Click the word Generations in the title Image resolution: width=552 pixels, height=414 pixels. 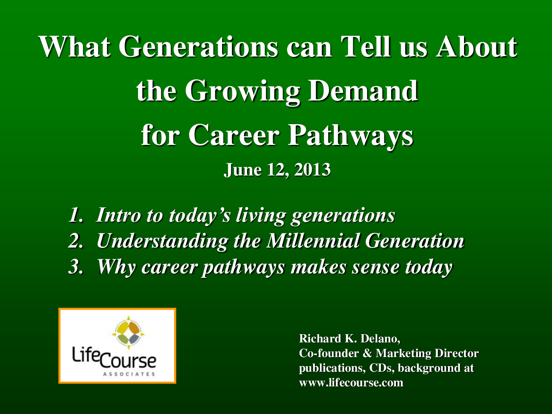[x=198, y=47]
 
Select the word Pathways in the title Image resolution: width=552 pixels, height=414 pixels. [x=350, y=136]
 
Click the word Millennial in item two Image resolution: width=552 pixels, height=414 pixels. [x=313, y=241]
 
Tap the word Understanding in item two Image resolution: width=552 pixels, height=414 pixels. [x=163, y=241]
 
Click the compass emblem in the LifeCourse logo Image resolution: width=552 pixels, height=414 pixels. [x=128, y=333]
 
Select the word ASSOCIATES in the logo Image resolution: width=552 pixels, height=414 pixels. [x=129, y=374]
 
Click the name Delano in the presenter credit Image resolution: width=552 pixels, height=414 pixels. [x=380, y=339]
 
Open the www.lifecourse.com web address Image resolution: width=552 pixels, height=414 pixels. [x=351, y=383]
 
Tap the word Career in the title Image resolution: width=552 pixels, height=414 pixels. [x=234, y=136]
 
